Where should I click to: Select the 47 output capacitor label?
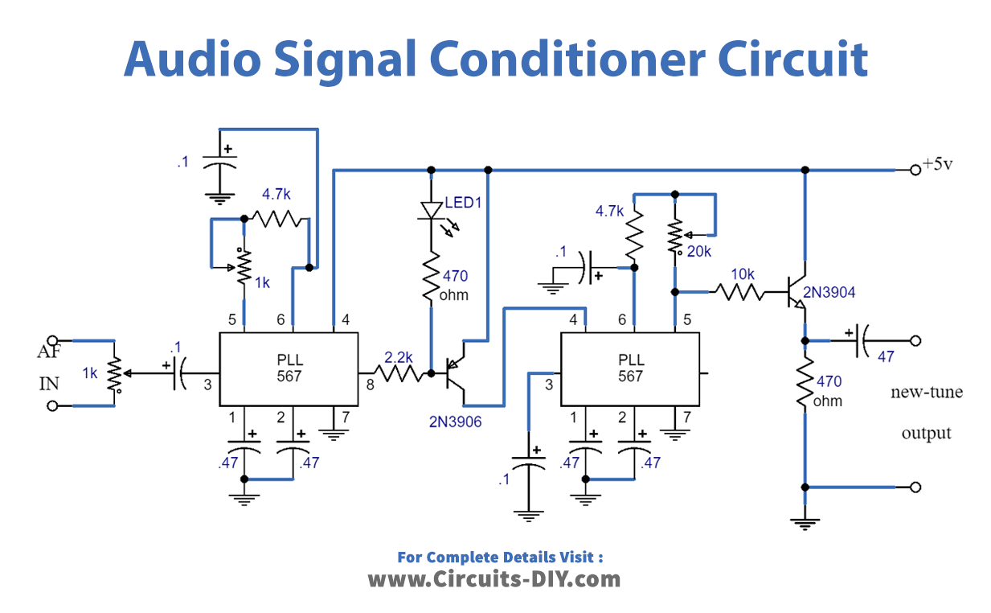point(885,356)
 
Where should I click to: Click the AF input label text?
point(49,352)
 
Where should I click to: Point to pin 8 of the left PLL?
point(371,385)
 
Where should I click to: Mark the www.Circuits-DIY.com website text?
point(494,579)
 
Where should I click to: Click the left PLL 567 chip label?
point(289,368)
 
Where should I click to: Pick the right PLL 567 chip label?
point(630,368)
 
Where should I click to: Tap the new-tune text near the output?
point(926,393)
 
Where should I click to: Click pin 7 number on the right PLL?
point(686,418)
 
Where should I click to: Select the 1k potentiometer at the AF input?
point(115,372)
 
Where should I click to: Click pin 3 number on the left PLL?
point(207,385)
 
